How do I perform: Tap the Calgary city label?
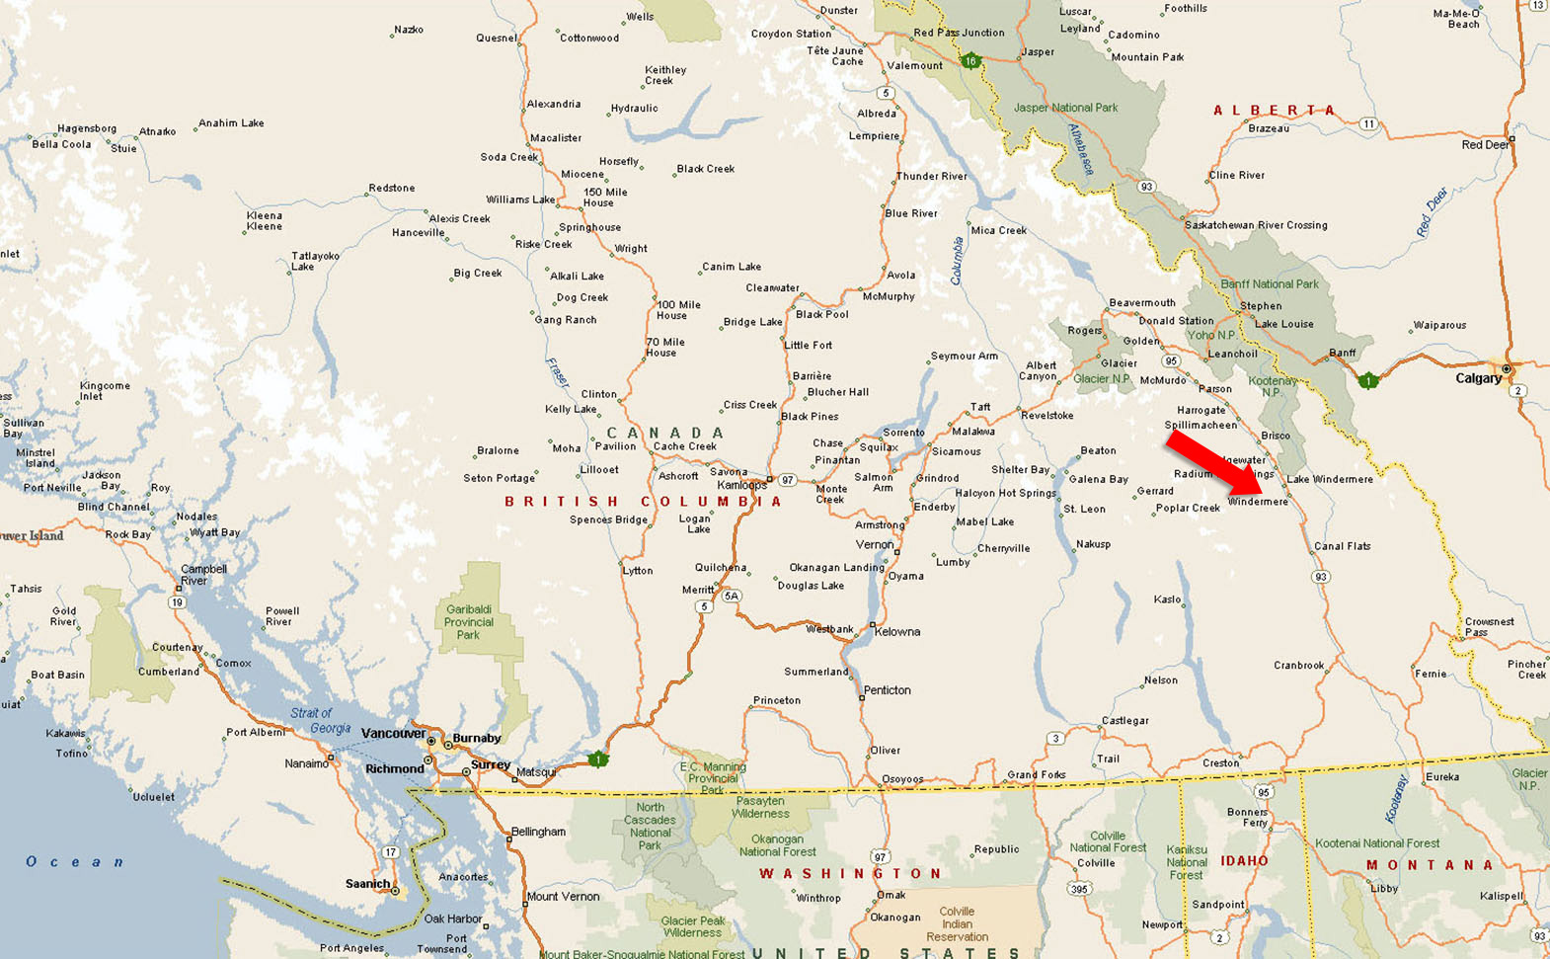(1478, 378)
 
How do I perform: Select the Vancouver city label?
(393, 733)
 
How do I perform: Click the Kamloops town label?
(741, 485)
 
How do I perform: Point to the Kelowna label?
(896, 631)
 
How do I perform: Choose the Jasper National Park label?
(1065, 108)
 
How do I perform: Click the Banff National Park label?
(1269, 284)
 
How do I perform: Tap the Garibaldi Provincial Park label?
(468, 622)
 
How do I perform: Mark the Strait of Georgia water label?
(320, 720)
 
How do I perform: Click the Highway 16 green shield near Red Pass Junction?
(970, 61)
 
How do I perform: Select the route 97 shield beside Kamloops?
(787, 480)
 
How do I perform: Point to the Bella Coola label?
(61, 144)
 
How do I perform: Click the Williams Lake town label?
(520, 200)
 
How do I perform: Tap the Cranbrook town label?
(1298, 665)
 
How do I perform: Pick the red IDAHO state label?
(1244, 861)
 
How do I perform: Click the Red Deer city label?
(1486, 145)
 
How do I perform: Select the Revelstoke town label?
(1046, 416)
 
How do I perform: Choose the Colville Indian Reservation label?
(956, 924)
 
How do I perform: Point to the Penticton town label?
(887, 690)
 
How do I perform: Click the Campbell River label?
(203, 575)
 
